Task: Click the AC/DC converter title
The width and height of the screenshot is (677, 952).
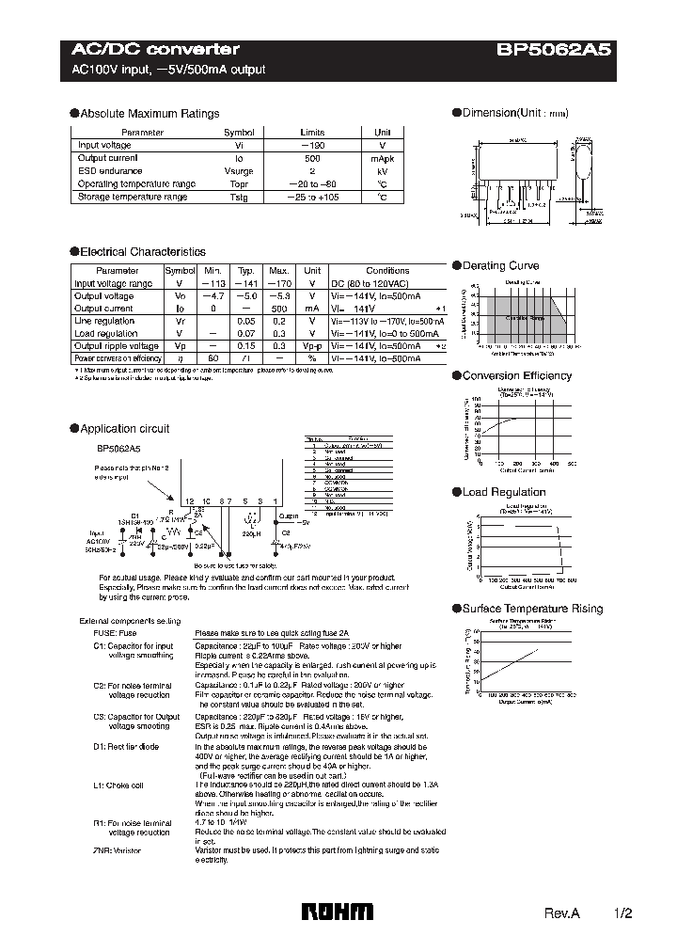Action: (156, 49)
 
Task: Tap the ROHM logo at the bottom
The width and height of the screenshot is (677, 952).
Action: (337, 911)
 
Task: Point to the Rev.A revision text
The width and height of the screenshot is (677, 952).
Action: (561, 913)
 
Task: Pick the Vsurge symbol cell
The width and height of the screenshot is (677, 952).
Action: (238, 172)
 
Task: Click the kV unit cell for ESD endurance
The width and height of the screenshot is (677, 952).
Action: (383, 172)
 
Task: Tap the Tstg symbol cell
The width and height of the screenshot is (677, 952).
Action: (238, 198)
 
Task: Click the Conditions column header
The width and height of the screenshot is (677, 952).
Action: (387, 271)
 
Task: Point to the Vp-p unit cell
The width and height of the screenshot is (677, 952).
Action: (312, 346)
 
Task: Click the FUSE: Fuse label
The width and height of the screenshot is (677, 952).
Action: (115, 634)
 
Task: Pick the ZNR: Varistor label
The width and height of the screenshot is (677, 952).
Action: (118, 849)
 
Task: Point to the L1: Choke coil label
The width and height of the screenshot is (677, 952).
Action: (118, 785)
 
